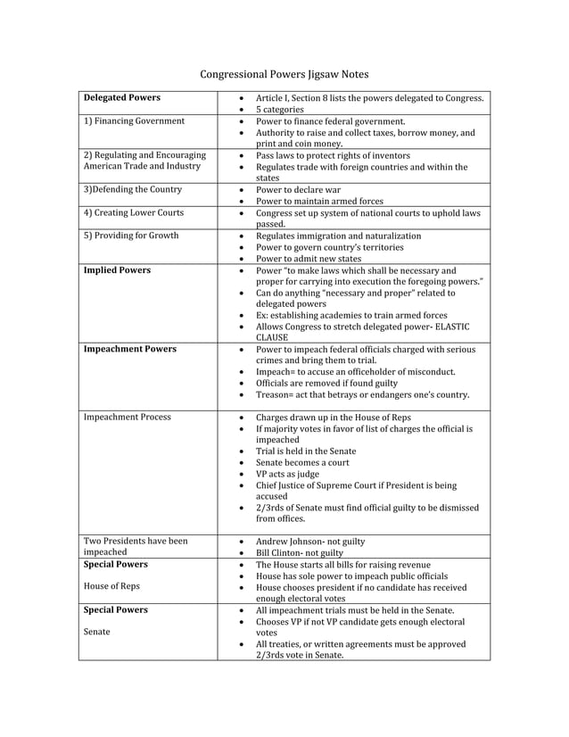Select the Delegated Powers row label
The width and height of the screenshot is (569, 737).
[x=121, y=97]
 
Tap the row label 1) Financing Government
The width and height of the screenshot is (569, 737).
[x=134, y=120]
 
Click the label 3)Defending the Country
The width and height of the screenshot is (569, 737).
[x=132, y=189]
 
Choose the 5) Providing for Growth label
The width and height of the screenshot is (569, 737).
[x=130, y=236]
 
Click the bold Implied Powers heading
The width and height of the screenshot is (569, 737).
[x=116, y=269]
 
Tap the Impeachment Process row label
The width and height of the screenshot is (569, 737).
[x=127, y=417]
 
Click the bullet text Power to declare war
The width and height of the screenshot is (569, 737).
[x=298, y=189]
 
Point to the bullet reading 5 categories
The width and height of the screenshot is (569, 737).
[x=279, y=109]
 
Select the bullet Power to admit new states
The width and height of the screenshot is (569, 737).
[x=309, y=259]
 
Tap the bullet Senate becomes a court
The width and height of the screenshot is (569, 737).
[x=302, y=462]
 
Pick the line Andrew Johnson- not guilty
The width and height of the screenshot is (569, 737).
[x=309, y=542]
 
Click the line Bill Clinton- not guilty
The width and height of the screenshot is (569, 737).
[x=299, y=553]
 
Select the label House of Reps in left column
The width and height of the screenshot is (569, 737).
[x=111, y=586]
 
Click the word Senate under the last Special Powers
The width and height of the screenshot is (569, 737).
[x=97, y=632]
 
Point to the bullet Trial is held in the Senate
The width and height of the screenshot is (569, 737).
[x=309, y=451]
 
